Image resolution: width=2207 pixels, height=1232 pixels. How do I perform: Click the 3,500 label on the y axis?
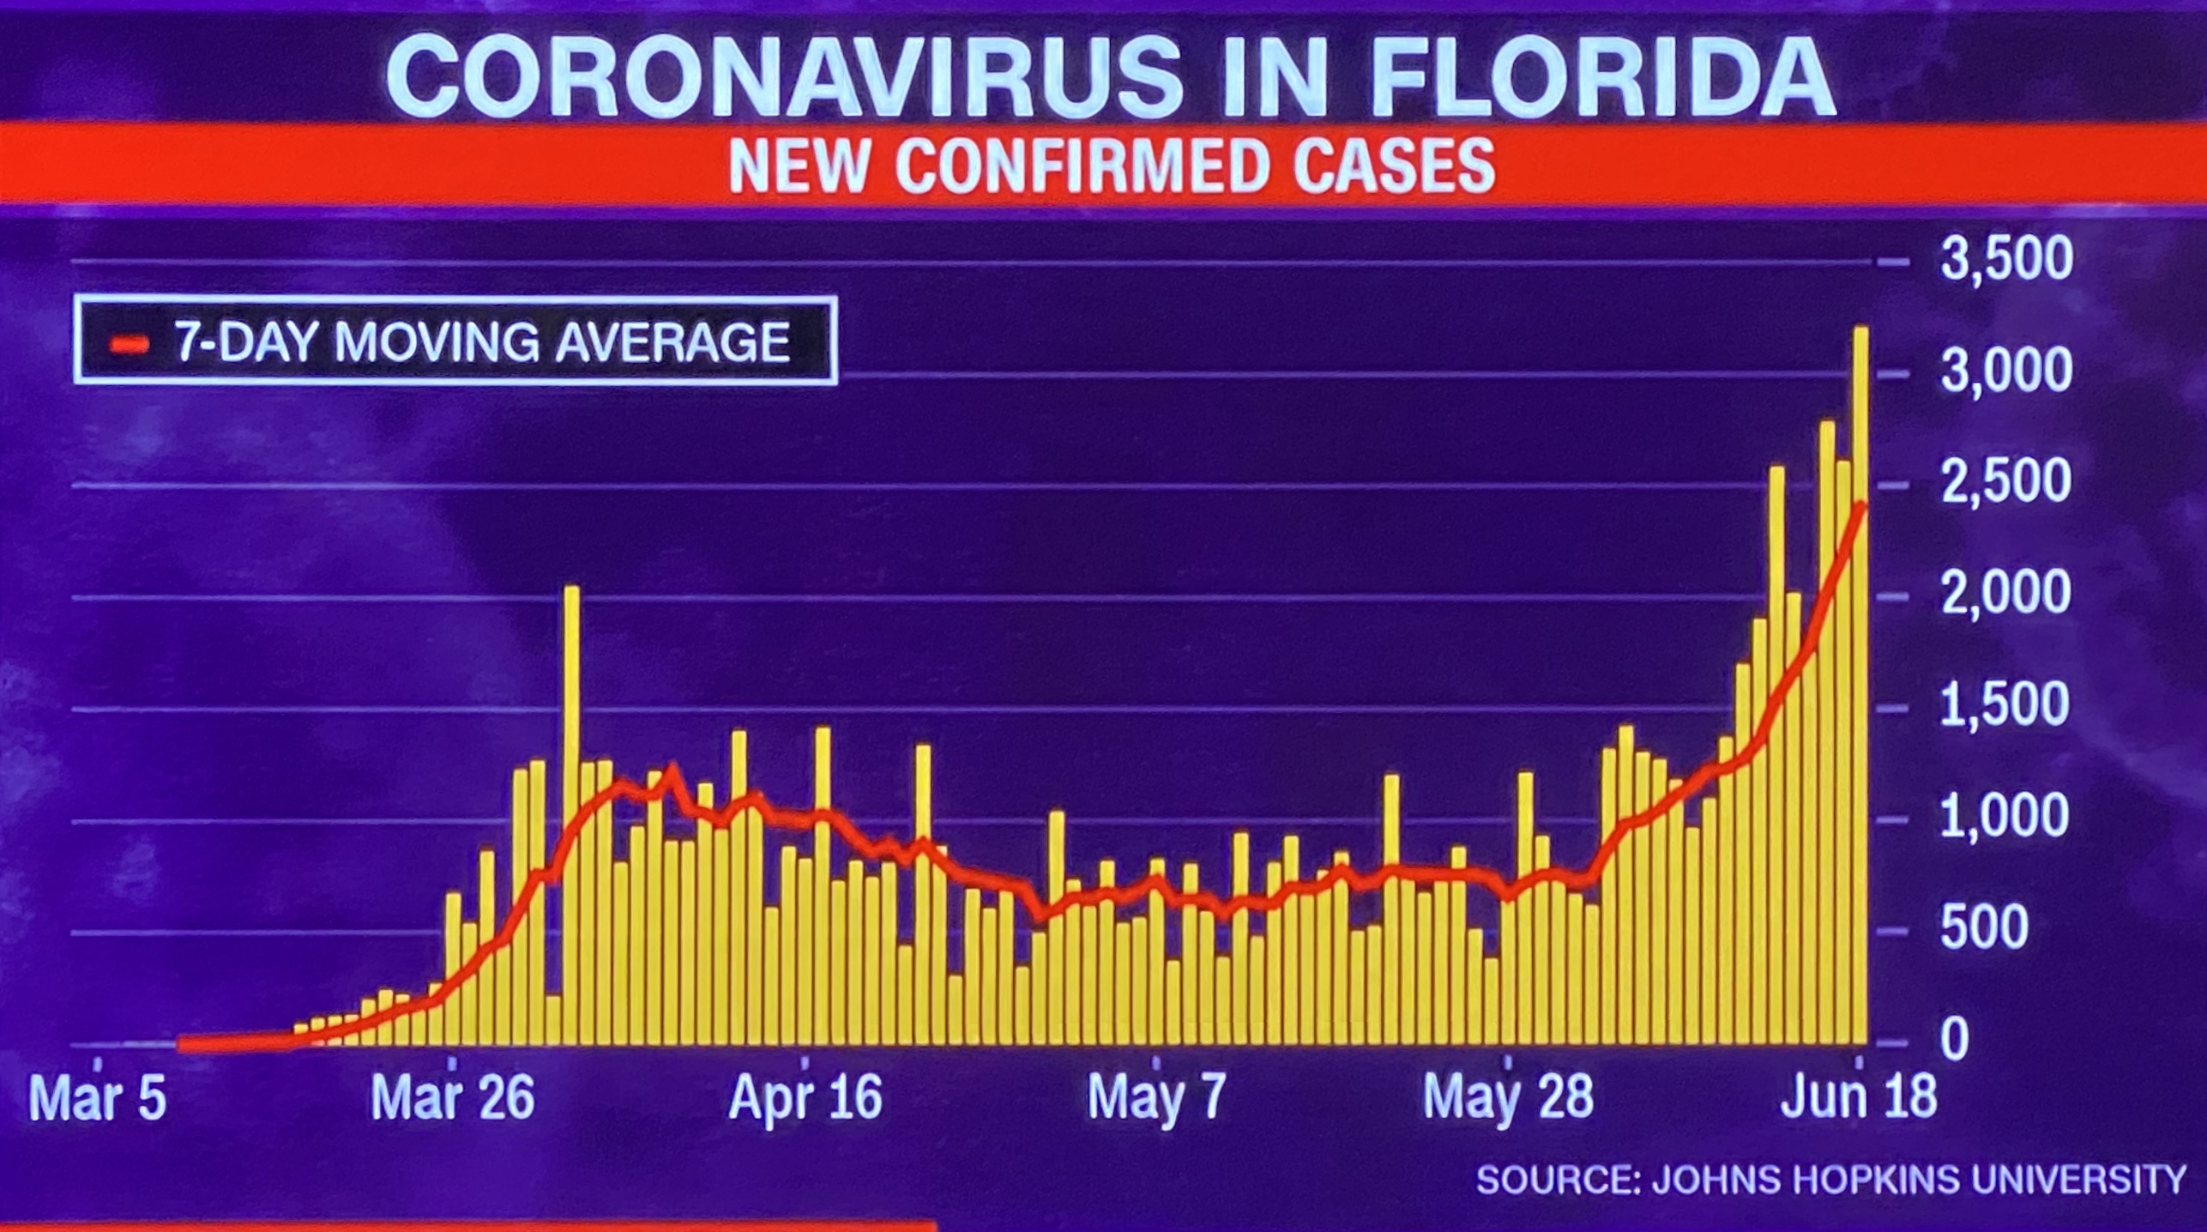point(2005,258)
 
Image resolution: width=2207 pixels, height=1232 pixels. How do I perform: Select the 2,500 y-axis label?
point(2005,482)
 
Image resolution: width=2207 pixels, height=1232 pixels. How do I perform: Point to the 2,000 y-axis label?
point(2005,594)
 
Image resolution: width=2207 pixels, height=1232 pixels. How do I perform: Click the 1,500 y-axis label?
point(2005,705)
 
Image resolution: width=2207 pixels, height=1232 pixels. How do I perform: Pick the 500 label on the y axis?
point(1984,928)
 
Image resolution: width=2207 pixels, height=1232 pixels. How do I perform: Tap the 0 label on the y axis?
point(1955,1041)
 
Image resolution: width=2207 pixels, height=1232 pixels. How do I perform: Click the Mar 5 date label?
point(97,1099)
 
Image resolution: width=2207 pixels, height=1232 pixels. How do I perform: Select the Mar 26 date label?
point(453,1099)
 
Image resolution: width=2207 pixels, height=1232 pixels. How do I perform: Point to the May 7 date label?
point(1156,1099)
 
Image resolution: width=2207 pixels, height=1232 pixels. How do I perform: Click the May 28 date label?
point(1508,1099)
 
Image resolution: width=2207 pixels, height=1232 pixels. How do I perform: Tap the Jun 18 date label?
point(1859,1097)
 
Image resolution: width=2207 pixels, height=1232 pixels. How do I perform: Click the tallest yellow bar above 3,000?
point(1861,686)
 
